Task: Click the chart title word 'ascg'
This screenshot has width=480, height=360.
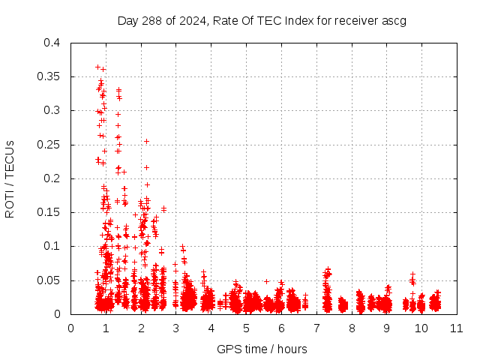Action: point(394,20)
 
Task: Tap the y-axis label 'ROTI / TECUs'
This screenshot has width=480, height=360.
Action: point(10,178)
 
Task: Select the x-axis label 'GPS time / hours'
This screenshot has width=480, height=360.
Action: point(262,349)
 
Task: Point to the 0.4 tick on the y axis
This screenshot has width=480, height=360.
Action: point(52,43)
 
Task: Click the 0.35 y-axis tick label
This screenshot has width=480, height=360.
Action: point(49,76)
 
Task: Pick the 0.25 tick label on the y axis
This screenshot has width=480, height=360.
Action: point(49,145)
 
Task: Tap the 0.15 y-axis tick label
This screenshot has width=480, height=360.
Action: point(49,212)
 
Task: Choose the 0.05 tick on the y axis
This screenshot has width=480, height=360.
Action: point(49,280)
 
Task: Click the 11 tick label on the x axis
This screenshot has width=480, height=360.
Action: point(456,328)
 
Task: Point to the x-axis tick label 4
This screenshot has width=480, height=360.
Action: point(211,328)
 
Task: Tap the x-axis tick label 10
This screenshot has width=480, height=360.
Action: point(421,328)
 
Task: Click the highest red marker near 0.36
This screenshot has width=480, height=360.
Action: point(97,67)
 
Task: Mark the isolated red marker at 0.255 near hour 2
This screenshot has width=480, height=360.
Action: point(147,141)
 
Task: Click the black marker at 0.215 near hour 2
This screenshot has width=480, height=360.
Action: point(147,167)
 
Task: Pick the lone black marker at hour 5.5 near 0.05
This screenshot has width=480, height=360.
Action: point(265,281)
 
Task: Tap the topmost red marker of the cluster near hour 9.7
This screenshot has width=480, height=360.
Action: point(412,274)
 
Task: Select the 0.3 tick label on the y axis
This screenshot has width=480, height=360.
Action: point(52,111)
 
